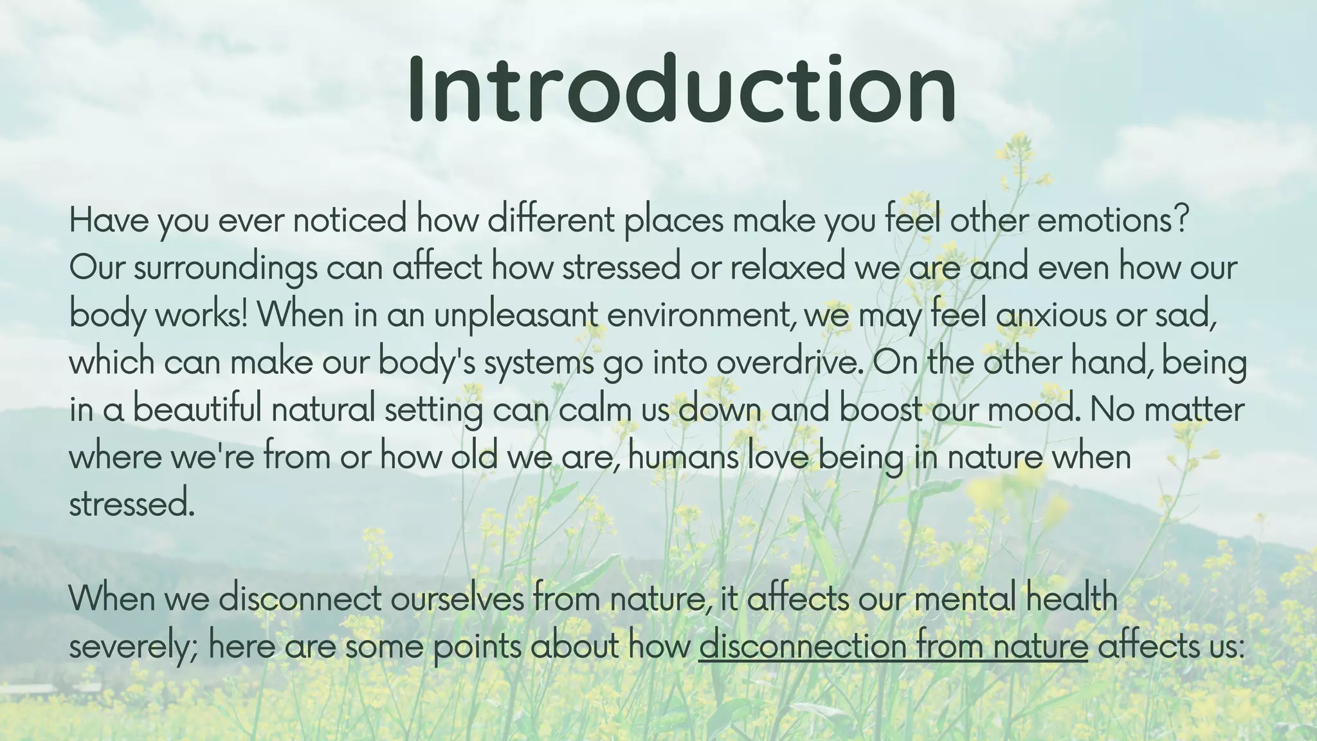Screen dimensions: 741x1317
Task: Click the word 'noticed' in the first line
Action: coord(350,221)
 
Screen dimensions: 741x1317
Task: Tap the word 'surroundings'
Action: coord(225,268)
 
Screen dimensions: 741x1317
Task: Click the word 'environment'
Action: coord(698,315)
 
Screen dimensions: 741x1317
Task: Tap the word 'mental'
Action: coord(965,598)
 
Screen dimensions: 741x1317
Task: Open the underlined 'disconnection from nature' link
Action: coord(893,646)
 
